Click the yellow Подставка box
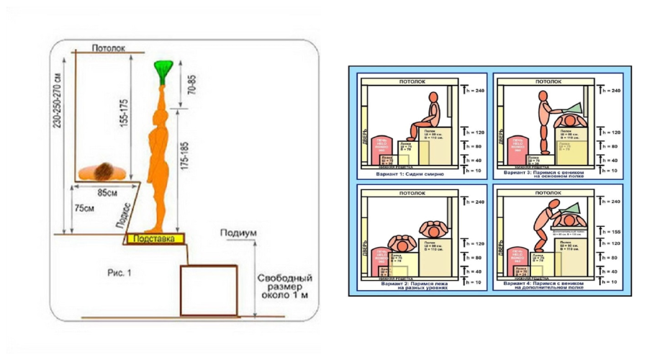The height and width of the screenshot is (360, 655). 156,238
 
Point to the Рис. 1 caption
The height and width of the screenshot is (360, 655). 119,273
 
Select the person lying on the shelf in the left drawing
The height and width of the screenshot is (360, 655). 105,171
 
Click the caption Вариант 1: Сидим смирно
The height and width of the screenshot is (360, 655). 404,174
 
